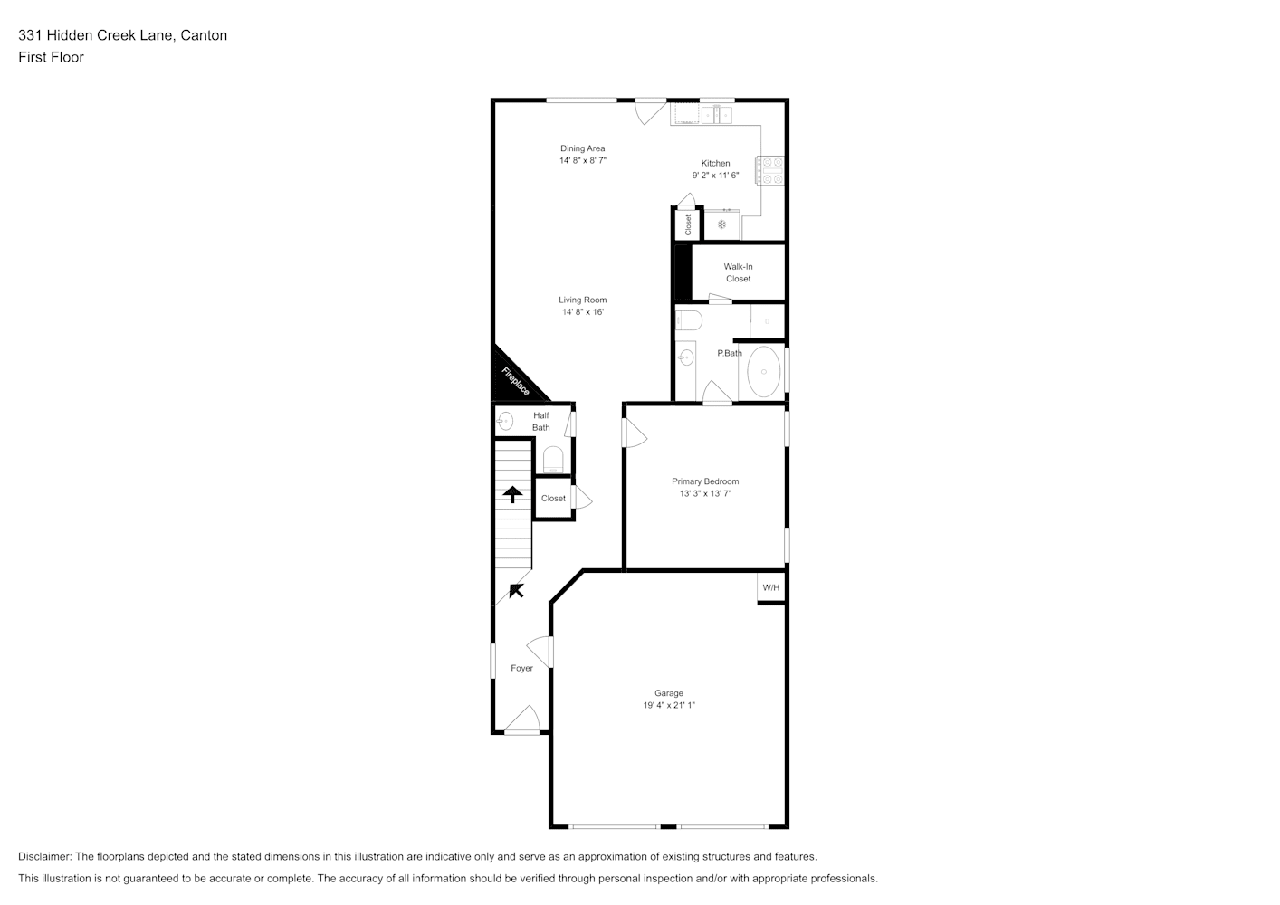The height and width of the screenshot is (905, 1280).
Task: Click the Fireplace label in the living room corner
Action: click(515, 382)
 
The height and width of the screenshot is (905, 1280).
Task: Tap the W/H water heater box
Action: click(771, 588)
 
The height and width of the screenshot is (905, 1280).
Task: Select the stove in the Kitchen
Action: click(770, 170)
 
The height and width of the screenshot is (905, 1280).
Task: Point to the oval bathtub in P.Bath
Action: click(764, 371)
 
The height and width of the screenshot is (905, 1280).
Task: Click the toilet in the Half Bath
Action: click(552, 460)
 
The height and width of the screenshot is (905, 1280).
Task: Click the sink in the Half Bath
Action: click(505, 422)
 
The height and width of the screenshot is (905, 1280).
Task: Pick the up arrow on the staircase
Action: click(512, 494)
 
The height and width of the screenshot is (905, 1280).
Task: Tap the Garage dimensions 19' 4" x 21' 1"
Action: click(669, 705)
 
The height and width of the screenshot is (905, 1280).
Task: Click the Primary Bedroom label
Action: click(705, 481)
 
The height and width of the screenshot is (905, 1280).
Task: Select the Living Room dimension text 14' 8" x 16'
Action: click(583, 312)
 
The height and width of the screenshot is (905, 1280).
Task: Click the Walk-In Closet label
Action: click(739, 272)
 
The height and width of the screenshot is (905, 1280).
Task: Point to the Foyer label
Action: click(521, 668)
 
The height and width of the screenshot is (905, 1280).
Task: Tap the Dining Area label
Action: click(582, 148)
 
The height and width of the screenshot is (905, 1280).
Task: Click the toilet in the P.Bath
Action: click(689, 320)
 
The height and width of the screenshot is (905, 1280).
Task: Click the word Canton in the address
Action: click(204, 35)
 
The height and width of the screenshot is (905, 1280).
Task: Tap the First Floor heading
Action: click(51, 57)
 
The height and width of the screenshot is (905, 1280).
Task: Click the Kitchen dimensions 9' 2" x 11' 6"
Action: click(715, 176)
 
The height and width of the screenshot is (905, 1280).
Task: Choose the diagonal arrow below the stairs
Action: click(517, 591)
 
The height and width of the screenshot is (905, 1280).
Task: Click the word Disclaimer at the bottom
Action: click(45, 857)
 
